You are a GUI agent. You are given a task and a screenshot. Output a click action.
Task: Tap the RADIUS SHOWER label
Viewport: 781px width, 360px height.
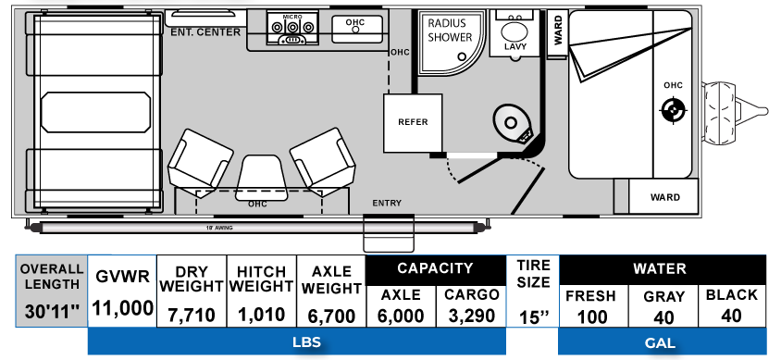tap(450, 31)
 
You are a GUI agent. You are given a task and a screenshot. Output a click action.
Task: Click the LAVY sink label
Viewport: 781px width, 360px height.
tap(514, 45)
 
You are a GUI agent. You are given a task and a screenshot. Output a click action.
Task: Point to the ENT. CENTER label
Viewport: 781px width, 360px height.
tap(205, 31)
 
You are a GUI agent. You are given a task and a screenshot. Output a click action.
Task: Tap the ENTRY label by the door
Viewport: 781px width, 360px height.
tap(386, 203)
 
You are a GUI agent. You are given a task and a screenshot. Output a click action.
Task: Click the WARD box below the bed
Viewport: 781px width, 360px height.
tap(664, 197)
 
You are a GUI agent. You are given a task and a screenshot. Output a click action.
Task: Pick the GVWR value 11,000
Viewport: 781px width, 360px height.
tap(122, 309)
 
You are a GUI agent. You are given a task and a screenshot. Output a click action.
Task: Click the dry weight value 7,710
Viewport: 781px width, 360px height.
tap(192, 314)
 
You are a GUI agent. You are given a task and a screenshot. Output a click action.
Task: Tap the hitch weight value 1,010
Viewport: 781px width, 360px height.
tap(261, 314)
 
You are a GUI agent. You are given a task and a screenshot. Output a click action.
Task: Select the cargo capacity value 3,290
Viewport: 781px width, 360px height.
tap(471, 315)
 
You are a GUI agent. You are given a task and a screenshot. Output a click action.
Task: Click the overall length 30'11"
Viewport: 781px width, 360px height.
tap(52, 309)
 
